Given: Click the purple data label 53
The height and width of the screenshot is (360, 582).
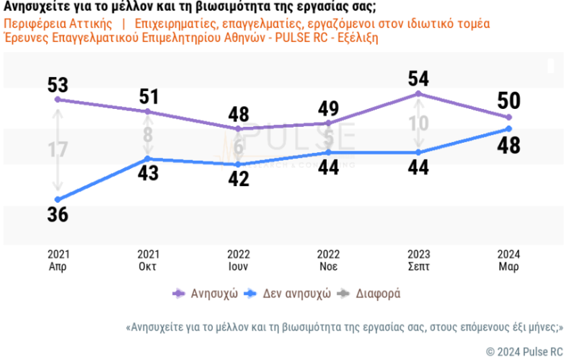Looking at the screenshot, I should tap(58, 84).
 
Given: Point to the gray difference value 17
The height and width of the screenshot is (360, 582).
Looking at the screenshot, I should tap(58, 150).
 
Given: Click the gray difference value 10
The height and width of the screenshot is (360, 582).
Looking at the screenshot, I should tap(418, 123).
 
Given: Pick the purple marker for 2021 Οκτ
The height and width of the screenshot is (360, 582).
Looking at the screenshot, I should tap(148, 111).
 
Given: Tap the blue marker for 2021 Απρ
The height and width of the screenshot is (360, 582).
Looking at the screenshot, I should tap(58, 199).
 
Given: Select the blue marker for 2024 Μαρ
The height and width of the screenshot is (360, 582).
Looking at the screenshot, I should tap(508, 128).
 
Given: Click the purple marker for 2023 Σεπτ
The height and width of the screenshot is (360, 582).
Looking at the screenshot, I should tap(418, 94).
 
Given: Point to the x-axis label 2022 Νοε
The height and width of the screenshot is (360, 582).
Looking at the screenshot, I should tap(328, 260).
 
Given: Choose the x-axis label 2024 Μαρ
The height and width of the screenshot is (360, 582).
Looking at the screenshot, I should tap(508, 260).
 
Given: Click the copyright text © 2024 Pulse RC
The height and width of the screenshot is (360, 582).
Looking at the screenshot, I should tap(524, 352).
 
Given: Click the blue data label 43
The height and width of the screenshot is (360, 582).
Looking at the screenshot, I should tap(148, 174).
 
